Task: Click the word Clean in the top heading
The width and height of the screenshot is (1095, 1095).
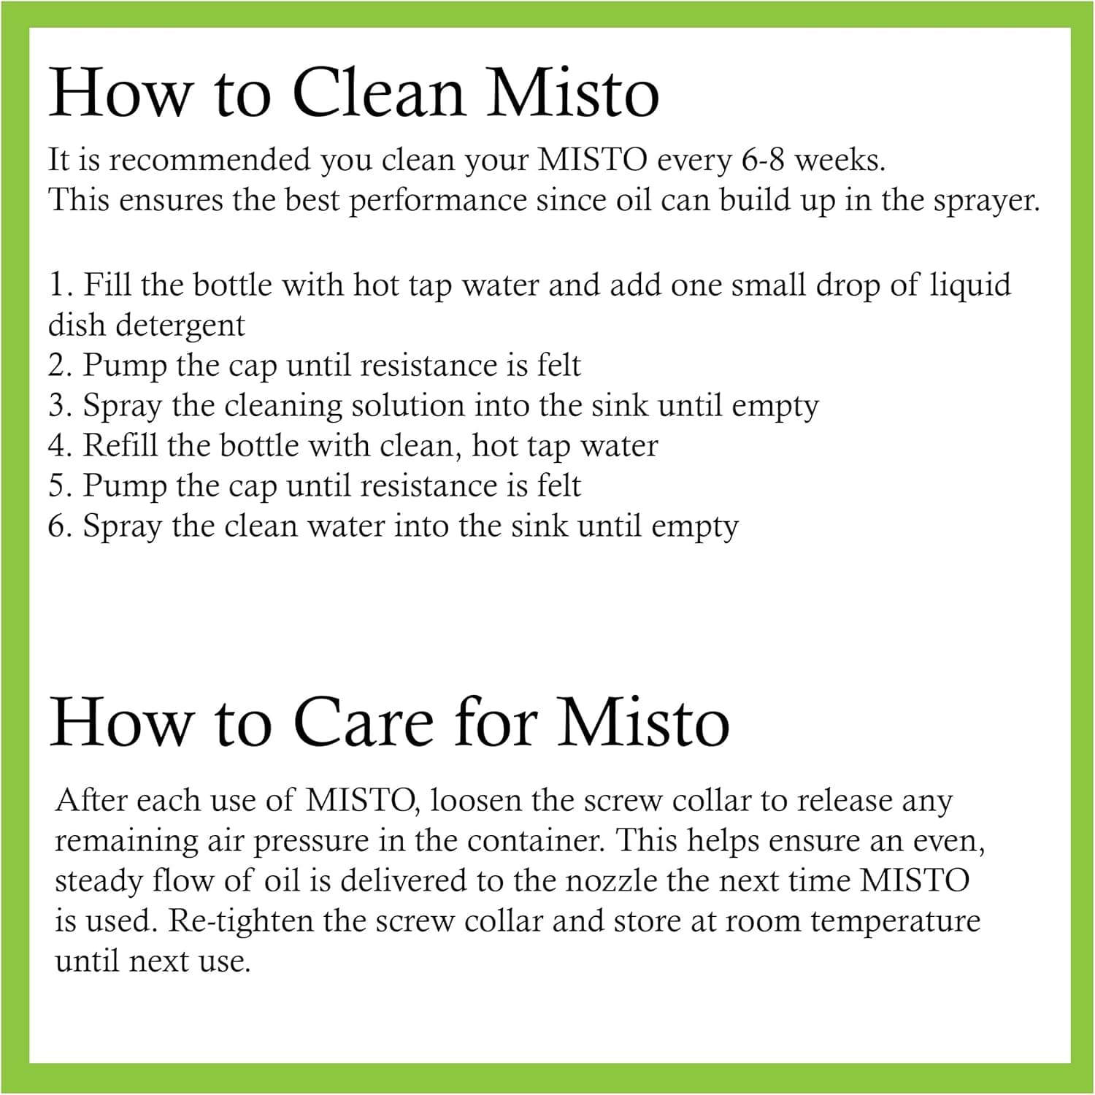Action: [x=378, y=93]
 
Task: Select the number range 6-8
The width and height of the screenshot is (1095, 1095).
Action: [x=763, y=160]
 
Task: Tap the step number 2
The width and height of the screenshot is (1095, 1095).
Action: [x=59, y=365]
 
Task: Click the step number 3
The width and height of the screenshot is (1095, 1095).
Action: [x=59, y=405]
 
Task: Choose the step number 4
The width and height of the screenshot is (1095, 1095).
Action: [x=59, y=445]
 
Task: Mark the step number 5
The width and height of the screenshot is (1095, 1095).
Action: [x=59, y=485]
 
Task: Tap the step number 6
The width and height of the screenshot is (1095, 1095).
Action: [x=59, y=526]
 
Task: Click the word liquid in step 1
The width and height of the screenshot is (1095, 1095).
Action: [x=970, y=285]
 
